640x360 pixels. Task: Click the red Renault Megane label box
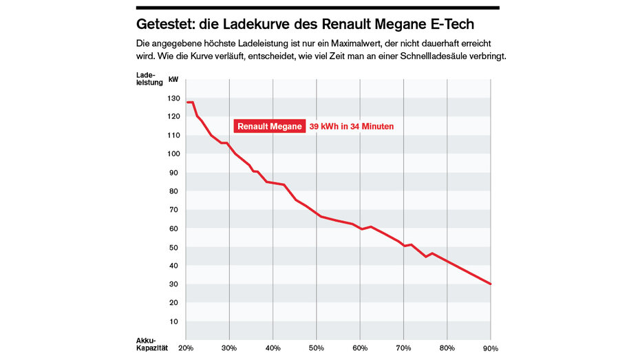269,127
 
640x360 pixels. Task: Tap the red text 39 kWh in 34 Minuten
351,127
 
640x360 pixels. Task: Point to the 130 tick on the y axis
173,98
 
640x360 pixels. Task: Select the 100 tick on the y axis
173,153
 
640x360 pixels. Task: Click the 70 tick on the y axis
173,209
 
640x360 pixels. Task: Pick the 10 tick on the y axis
173,321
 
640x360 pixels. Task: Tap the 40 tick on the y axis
173,266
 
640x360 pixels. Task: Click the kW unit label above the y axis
173,80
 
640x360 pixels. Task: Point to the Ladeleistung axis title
145,78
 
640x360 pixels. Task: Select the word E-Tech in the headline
450,25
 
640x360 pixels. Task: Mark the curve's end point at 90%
490,284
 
